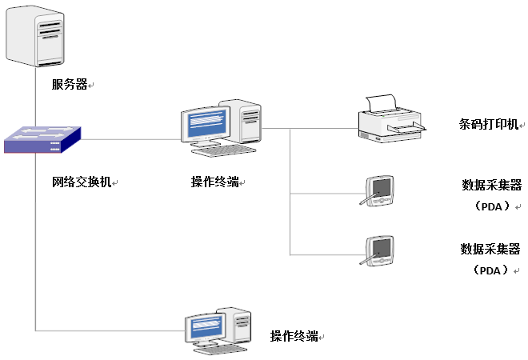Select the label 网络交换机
(x=81, y=182)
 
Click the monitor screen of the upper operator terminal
(x=204, y=125)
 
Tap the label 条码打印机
(x=487, y=125)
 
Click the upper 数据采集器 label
(x=491, y=186)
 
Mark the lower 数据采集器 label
(x=491, y=249)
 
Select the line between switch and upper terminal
(x=128, y=139)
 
